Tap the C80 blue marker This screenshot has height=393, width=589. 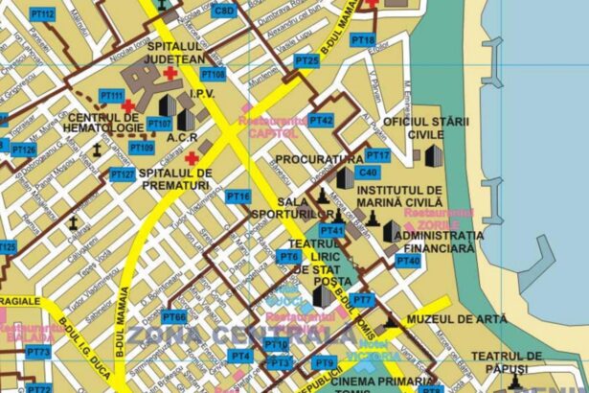223,11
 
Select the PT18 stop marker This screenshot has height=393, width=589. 363,40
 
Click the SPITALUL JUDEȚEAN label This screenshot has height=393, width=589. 175,52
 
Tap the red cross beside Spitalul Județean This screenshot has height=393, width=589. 170,74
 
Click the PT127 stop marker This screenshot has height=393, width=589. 122,174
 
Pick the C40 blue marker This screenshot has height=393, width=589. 368,173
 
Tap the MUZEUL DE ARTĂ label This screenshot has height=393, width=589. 450,317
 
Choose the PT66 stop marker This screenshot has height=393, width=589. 173,316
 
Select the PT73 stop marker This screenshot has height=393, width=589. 37,353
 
